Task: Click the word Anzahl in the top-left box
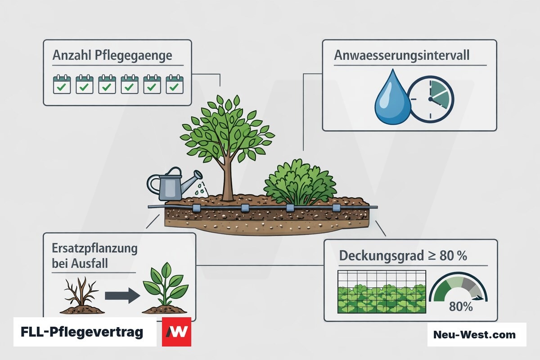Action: click(x=72, y=55)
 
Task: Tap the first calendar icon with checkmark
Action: click(x=62, y=84)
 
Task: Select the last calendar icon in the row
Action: click(x=175, y=84)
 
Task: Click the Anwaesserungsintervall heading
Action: click(x=401, y=56)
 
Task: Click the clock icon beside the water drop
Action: click(x=431, y=99)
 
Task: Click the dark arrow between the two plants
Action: click(x=122, y=295)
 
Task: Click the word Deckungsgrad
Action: click(x=382, y=256)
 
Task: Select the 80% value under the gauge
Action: click(x=461, y=307)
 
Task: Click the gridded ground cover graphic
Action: click(x=382, y=292)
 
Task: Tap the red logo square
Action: click(x=176, y=332)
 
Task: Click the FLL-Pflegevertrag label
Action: click(x=82, y=332)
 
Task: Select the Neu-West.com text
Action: click(x=474, y=335)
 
